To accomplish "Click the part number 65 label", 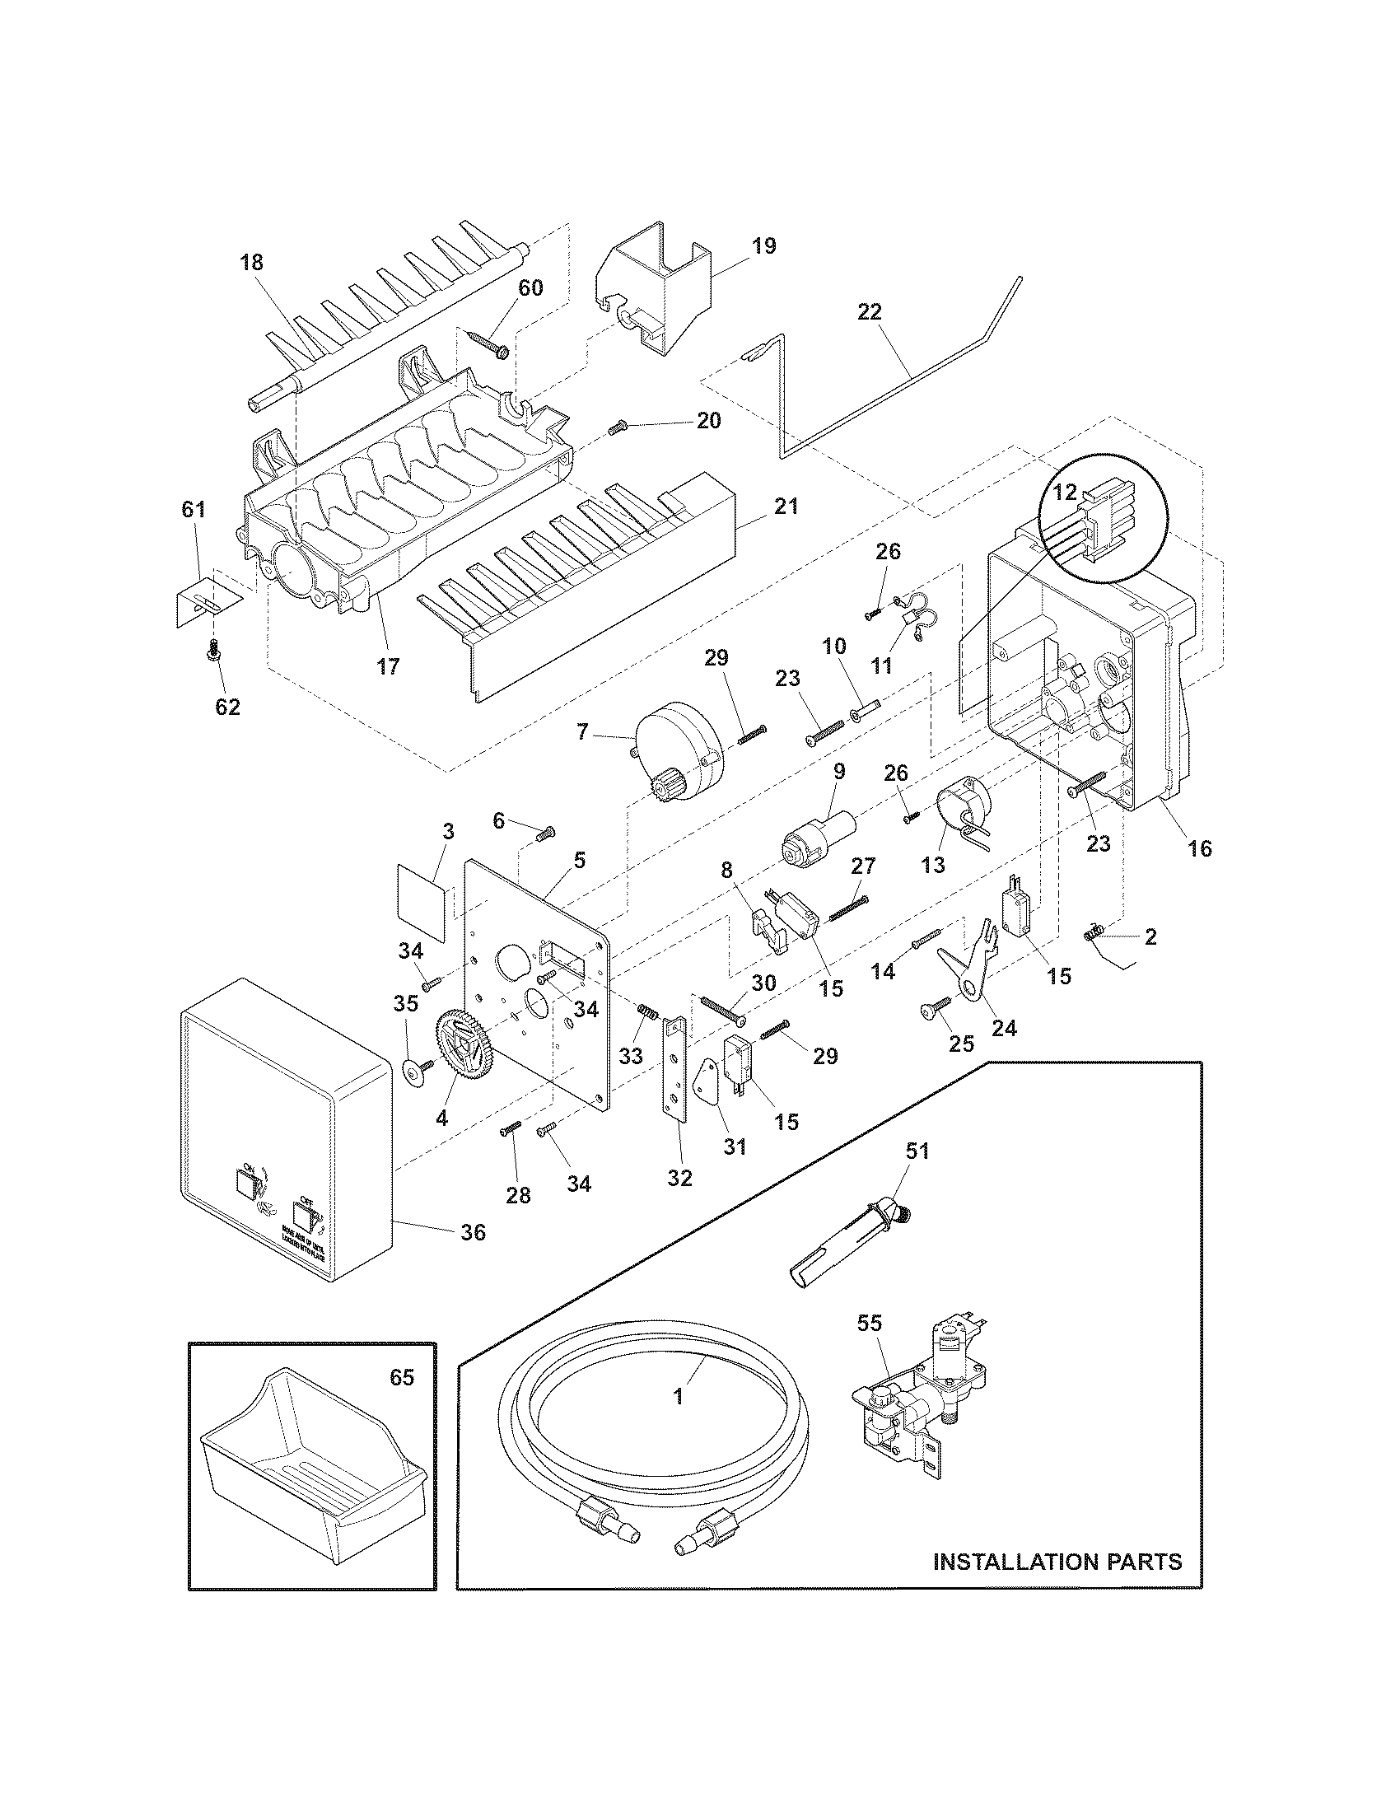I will [401, 1378].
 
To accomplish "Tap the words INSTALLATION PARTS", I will [1057, 1562].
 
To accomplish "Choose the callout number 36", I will [473, 1256].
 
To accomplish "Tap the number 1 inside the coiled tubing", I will [678, 1396].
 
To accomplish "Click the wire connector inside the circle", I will [1096, 521].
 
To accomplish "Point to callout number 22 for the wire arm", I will [870, 312].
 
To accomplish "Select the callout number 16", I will [1200, 848].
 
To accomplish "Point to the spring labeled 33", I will [648, 1012].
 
